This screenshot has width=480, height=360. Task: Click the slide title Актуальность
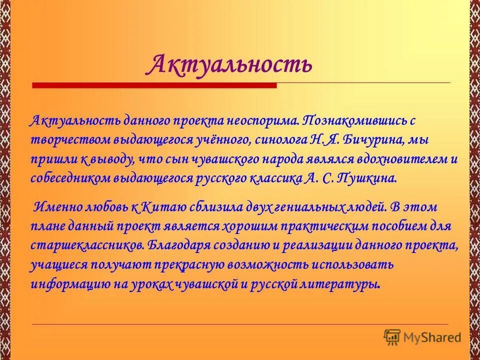231,64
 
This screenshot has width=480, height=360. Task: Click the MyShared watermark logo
422,336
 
